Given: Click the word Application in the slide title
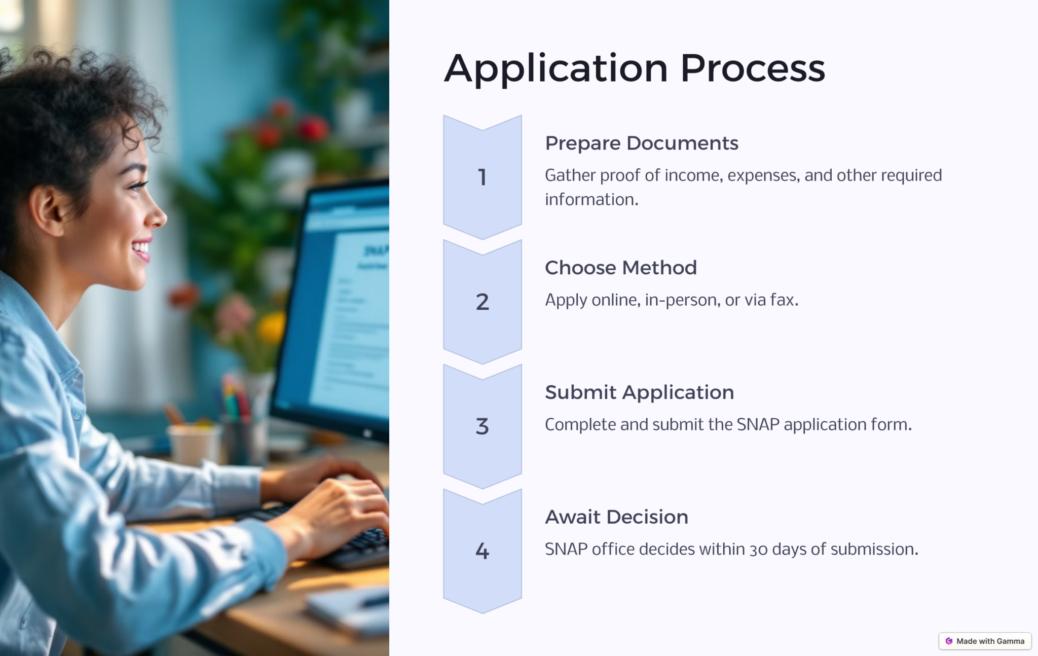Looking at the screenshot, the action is tap(556, 68).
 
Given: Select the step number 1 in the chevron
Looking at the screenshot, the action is tap(483, 177).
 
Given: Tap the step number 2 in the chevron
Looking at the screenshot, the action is tap(483, 302).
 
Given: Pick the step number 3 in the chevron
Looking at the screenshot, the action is tap(483, 426).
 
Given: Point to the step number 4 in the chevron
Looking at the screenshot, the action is tap(483, 551).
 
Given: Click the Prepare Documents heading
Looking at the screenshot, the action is tap(642, 143).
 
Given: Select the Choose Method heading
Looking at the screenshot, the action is tap(621, 268).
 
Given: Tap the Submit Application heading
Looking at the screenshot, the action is tap(640, 393).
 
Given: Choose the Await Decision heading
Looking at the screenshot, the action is tap(617, 517).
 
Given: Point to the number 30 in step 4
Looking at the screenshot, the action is tap(759, 550).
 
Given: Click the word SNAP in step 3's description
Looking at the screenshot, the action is tap(758, 425).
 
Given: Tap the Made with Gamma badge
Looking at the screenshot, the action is tap(985, 641).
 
